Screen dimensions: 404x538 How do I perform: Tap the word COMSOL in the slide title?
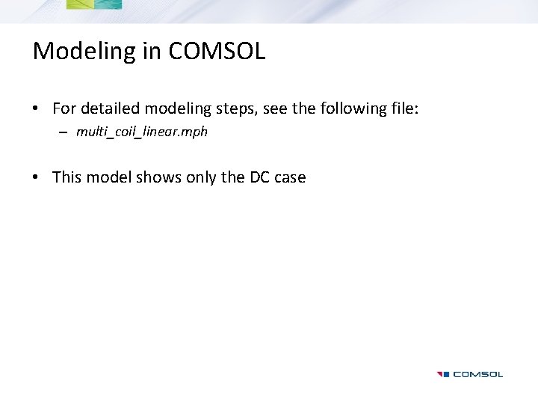217,51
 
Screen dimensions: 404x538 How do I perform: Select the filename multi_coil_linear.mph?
141,132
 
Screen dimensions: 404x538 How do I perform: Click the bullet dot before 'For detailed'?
36,109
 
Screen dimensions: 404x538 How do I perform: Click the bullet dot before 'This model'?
36,178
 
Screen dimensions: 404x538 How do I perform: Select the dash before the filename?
62,132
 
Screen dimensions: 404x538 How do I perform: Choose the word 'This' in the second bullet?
67,177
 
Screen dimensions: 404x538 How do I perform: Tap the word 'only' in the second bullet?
200,177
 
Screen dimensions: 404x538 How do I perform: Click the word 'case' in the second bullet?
290,177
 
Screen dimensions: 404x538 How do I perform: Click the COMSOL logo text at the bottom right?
477,374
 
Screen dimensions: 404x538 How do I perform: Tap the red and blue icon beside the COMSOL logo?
443,374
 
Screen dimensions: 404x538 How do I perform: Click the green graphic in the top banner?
93,4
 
